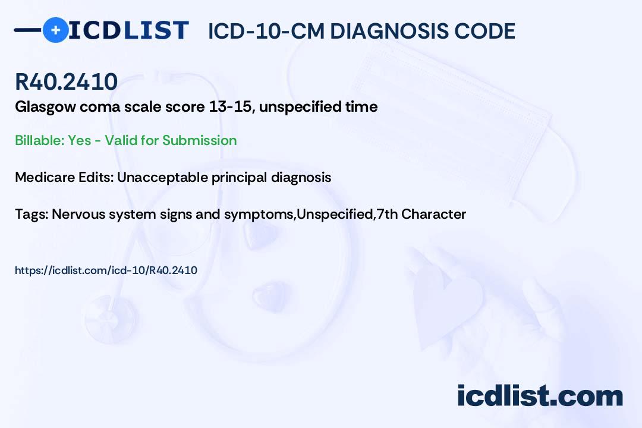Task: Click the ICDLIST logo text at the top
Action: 128,30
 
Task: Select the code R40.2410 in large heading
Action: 66,82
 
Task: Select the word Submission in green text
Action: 199,140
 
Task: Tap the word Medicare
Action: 41,177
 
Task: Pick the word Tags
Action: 30,214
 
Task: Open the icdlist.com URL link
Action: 106,270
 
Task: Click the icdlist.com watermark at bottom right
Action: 540,395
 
